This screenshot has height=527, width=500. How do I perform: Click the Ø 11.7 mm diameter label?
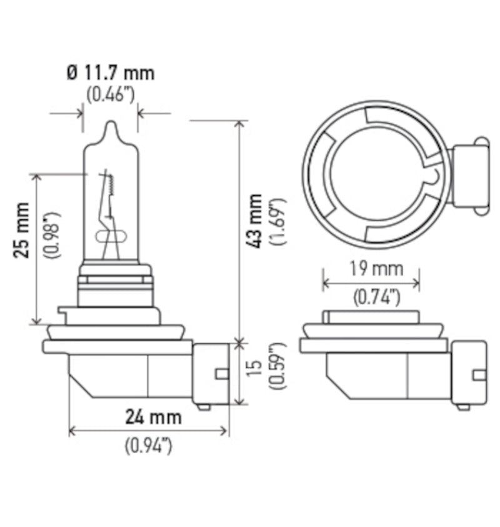point(110,73)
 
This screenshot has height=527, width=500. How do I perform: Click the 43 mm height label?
point(256,221)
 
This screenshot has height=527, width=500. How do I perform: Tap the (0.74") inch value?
point(374,298)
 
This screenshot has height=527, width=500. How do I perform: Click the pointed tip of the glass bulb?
point(111,124)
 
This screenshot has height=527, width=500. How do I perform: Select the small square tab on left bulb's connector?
point(221,374)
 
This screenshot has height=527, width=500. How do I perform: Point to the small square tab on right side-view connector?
point(479,374)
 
